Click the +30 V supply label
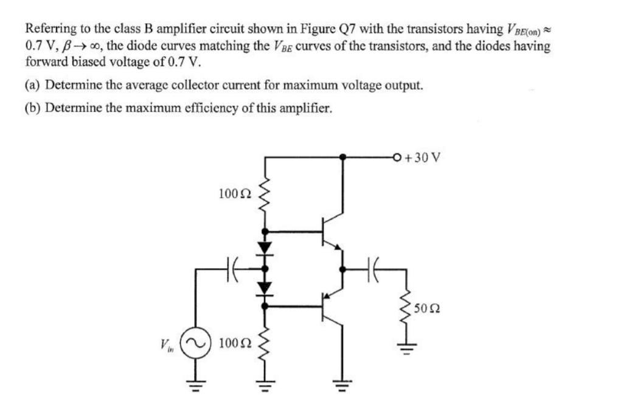tap(426, 157)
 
